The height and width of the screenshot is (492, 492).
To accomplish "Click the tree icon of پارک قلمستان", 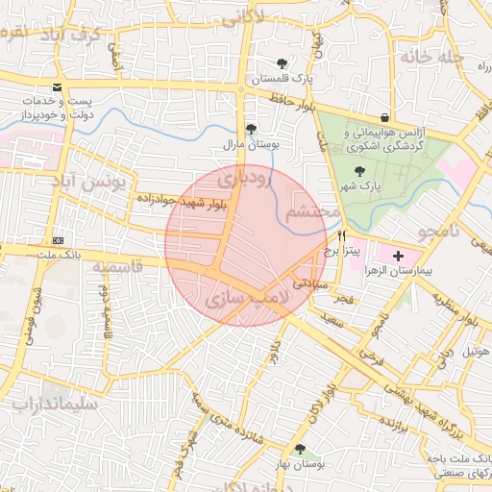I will point(281,63).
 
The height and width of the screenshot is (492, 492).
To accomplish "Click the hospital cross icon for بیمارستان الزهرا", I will point(399,255).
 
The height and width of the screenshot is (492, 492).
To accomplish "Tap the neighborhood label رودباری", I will point(244,179).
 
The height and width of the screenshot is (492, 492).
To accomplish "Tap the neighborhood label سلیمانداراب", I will point(55,405).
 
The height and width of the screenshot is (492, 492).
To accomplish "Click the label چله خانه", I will point(432,57).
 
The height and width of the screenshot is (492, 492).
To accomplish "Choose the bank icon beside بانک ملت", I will point(59,240).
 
